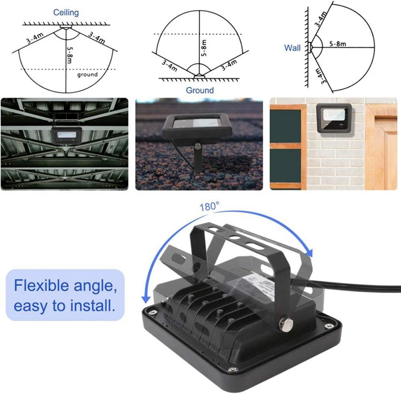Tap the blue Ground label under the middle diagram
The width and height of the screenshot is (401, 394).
pyautogui.click(x=199, y=90)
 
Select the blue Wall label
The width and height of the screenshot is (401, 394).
pyautogui.click(x=292, y=48)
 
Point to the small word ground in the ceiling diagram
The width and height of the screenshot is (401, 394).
pyautogui.click(x=87, y=74)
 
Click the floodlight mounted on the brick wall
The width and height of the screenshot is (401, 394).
pyautogui.click(x=334, y=118)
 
